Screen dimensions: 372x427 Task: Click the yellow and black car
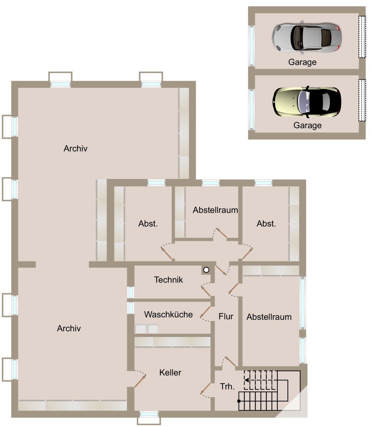click(x=307, y=102)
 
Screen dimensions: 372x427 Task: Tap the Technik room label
click(x=169, y=280)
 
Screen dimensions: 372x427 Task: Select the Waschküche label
click(x=169, y=315)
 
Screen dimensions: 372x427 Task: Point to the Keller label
click(x=170, y=373)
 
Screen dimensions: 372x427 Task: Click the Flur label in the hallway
click(x=226, y=316)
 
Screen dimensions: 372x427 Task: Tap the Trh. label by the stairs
click(x=227, y=386)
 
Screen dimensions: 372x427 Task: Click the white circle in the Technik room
click(x=206, y=270)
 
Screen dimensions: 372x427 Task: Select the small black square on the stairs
click(x=239, y=401)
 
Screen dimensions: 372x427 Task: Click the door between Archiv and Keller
click(x=140, y=381)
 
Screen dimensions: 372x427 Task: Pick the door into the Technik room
click(x=206, y=290)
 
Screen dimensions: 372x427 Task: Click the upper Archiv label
click(x=75, y=149)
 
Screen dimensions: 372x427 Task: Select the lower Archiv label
click(x=69, y=328)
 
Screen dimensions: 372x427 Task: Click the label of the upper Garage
click(x=302, y=62)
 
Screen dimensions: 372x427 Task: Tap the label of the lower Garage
click(x=307, y=125)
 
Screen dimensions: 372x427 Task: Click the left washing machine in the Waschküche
click(x=141, y=328)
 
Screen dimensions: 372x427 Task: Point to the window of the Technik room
click(x=131, y=292)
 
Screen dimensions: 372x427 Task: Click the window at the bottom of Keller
click(x=149, y=414)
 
